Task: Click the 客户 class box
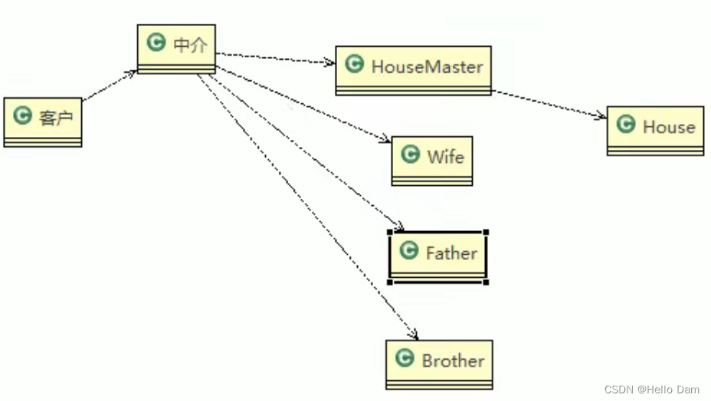coord(43,122)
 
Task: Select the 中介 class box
coord(176,49)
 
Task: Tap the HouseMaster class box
coord(413,70)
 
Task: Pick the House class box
coord(655,131)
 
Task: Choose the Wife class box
coord(432,161)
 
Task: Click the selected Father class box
coord(437,256)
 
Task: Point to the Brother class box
coord(439,364)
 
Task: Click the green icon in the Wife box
coord(411,155)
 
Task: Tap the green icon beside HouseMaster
coord(354,64)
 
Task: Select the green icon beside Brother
coord(405,357)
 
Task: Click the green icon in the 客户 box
coord(23,116)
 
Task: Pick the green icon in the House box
coord(626,125)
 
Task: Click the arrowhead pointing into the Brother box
coord(414,335)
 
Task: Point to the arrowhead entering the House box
coord(601,117)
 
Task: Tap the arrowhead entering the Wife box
coord(386,140)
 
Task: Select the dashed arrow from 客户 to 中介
coord(110,85)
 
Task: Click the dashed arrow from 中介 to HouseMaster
coord(276,59)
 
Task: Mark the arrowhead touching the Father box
coord(399,227)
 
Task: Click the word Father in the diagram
coord(451,253)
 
